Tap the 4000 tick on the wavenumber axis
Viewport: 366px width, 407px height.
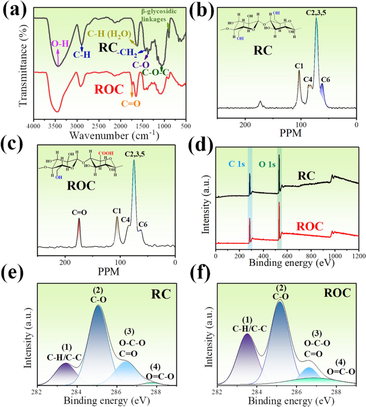(x=34, y=126)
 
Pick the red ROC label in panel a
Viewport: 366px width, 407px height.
(x=109, y=89)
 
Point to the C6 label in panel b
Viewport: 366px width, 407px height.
(x=326, y=79)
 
